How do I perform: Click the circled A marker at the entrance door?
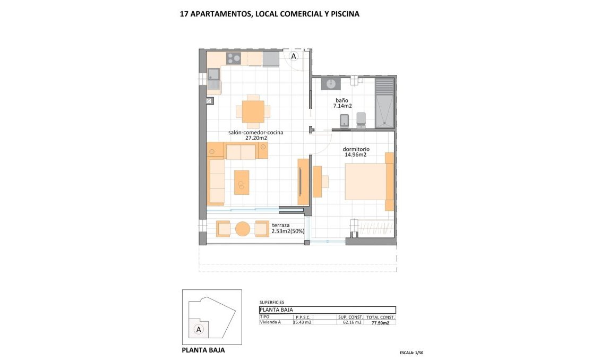tap(293, 56)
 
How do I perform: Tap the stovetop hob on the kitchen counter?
tap(234, 58)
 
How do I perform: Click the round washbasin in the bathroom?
tap(331, 83)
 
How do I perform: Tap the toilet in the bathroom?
tap(362, 120)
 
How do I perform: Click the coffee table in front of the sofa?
tap(242, 182)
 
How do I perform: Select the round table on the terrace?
tap(243, 229)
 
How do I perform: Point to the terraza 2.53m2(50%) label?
tap(287, 228)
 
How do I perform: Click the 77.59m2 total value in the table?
tap(380, 322)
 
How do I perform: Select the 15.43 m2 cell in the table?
tap(303, 322)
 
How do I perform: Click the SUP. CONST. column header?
tap(350, 316)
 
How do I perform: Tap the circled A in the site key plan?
tap(199, 329)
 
